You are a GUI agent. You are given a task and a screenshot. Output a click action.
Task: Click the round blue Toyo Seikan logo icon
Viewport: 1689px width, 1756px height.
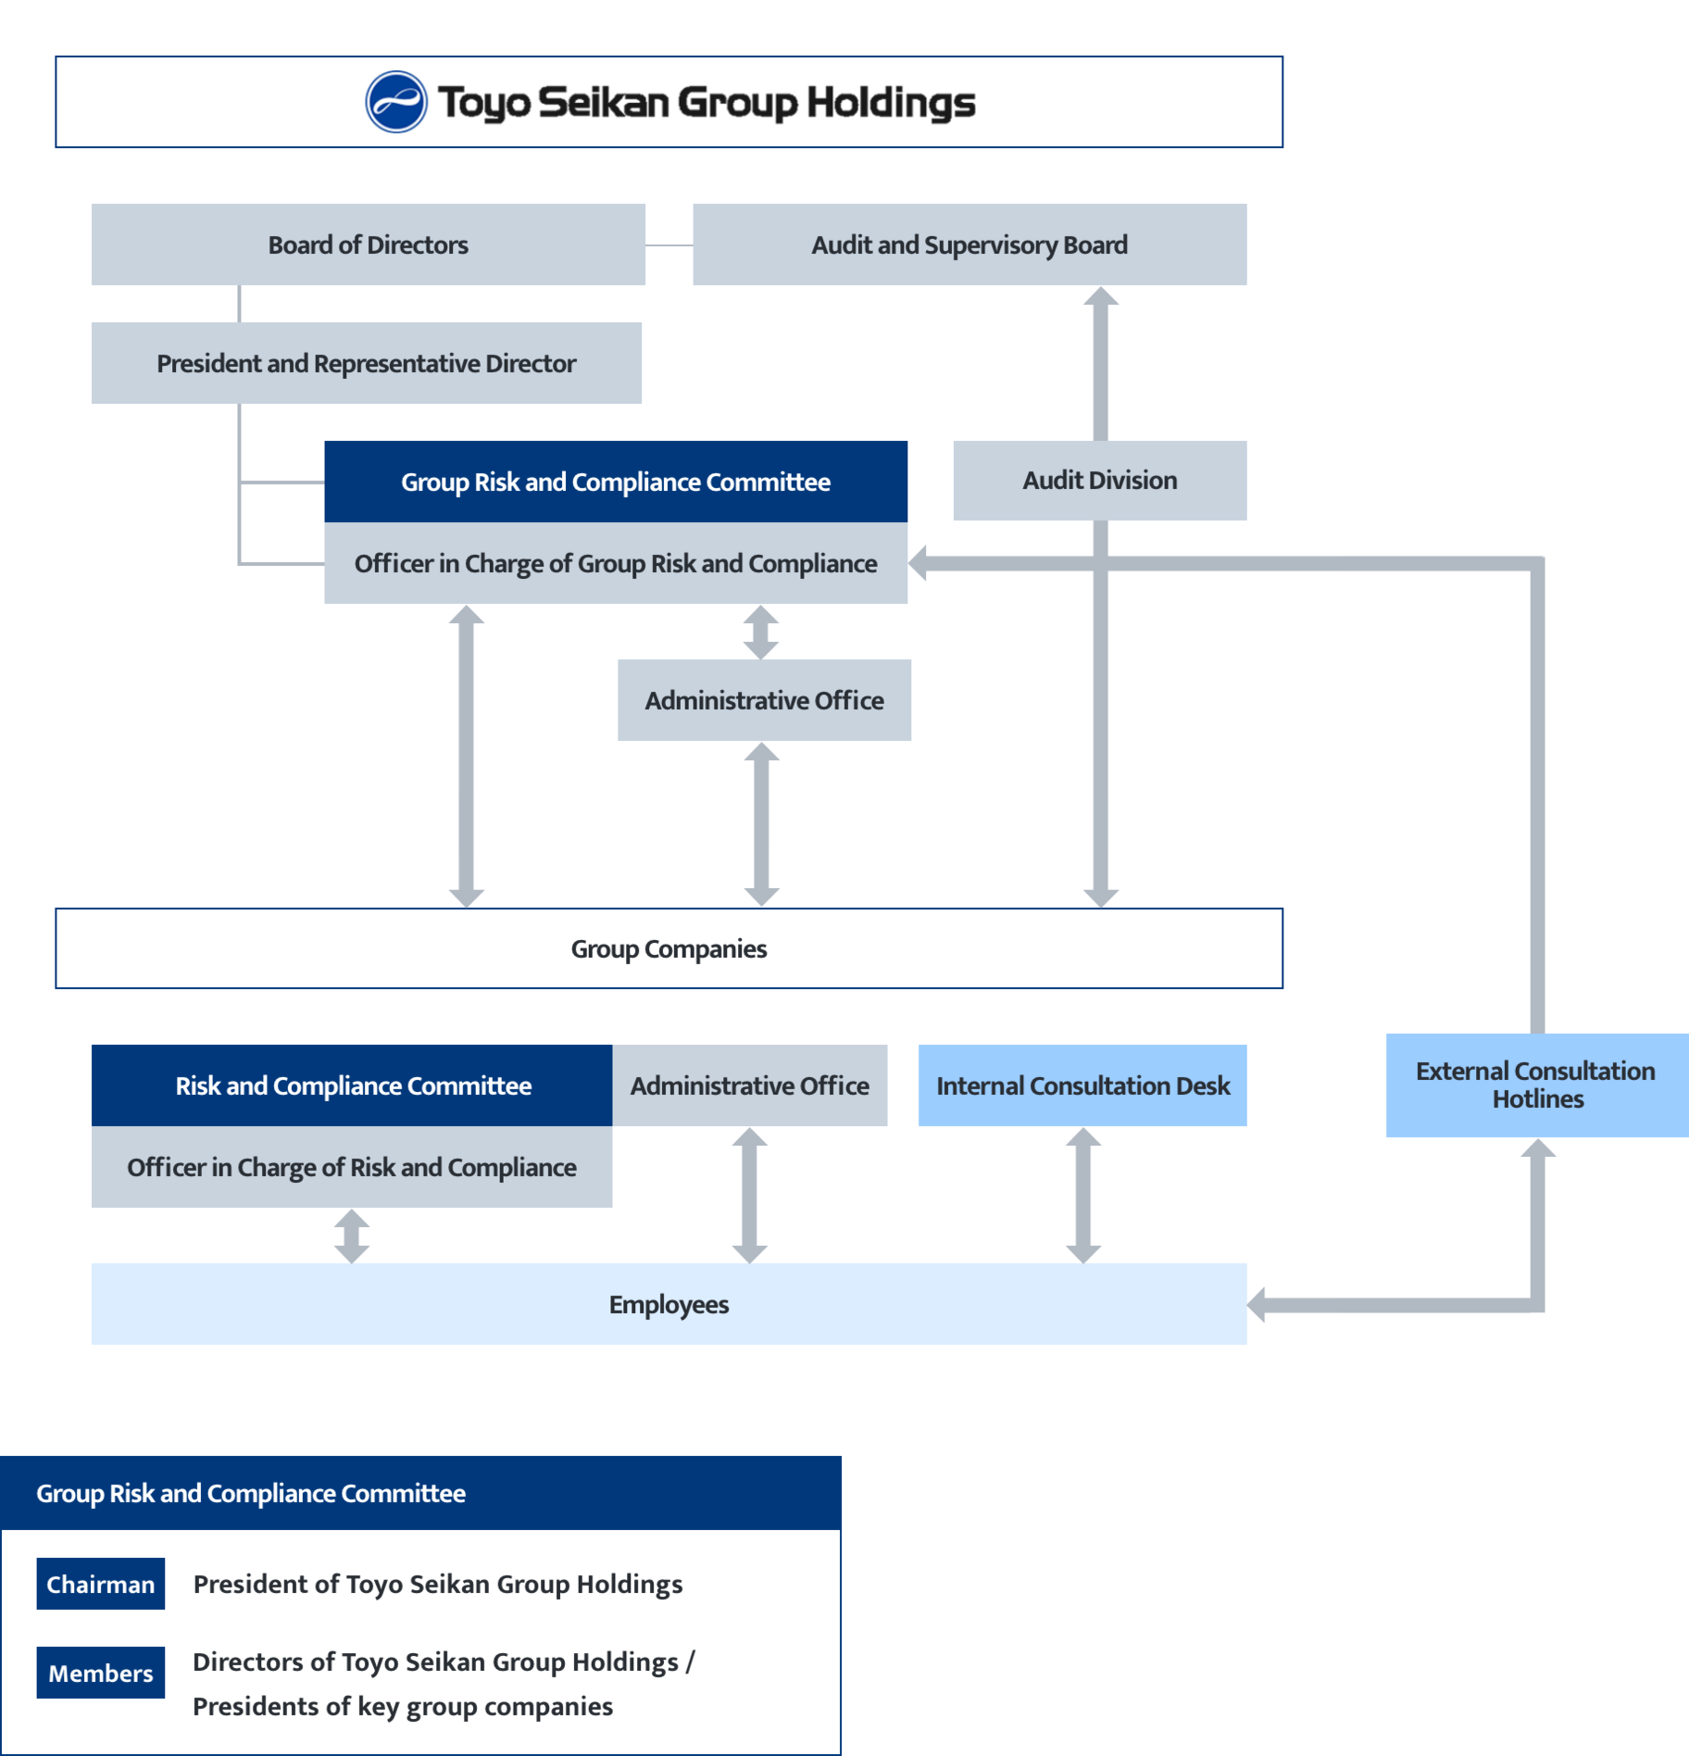tap(396, 102)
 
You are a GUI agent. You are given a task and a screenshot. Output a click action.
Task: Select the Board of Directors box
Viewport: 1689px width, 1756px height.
tap(368, 245)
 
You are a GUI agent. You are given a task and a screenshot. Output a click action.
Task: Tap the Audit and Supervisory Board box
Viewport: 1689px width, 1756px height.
tap(969, 245)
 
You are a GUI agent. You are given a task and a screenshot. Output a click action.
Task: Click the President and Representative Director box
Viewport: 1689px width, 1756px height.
tap(366, 363)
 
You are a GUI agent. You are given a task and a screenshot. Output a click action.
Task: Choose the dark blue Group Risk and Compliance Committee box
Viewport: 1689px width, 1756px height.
tap(615, 482)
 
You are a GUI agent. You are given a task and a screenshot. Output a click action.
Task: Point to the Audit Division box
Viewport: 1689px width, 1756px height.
tap(1099, 481)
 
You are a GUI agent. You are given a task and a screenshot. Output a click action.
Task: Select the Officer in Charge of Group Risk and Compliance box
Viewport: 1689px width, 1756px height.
tap(615, 563)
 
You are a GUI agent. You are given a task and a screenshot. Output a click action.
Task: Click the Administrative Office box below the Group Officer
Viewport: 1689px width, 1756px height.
tap(764, 700)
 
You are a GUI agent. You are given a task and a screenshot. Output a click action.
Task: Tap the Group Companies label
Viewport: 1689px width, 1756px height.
tap(669, 949)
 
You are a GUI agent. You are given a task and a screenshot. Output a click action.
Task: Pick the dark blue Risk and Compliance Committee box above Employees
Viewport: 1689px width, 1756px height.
tap(352, 1085)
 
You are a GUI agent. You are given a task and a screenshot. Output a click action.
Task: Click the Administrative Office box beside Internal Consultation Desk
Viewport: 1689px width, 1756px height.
tap(749, 1085)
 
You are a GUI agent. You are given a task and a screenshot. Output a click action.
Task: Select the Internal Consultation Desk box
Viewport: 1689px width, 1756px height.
tap(1082, 1085)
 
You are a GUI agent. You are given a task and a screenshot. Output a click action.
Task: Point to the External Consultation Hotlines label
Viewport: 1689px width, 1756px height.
tap(1536, 1085)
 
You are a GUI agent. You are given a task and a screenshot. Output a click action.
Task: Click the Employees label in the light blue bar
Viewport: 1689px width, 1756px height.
tap(669, 1305)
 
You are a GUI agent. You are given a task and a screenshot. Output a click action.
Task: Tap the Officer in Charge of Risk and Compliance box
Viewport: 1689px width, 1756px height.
tap(352, 1167)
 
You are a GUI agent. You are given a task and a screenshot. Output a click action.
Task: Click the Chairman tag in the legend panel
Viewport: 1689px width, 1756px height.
tap(101, 1585)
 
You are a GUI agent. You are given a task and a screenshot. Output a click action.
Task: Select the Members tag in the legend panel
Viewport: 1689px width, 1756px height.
tap(101, 1673)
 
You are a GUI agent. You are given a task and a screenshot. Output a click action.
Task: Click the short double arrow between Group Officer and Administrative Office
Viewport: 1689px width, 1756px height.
tap(761, 632)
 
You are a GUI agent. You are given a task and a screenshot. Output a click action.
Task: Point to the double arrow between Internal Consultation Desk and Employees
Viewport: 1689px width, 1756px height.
tap(1082, 1195)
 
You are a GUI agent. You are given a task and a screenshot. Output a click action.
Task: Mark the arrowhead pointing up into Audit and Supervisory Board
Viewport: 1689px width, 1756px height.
tap(1101, 297)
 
